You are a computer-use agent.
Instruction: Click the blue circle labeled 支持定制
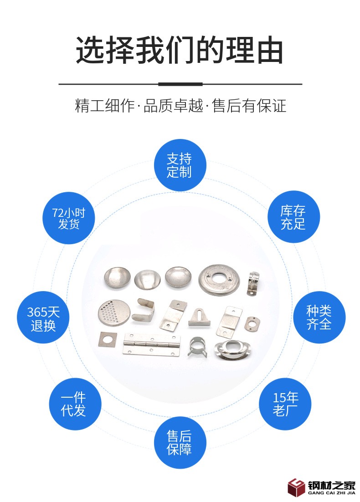(180, 165)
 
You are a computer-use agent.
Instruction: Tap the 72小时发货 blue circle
(68, 218)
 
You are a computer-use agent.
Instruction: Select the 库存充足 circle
(294, 217)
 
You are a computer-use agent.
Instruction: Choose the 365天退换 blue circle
(43, 318)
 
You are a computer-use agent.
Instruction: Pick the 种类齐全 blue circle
(319, 318)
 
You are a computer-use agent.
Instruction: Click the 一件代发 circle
(75, 404)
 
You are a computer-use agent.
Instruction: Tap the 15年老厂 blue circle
(285, 404)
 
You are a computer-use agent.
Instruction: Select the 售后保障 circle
(180, 443)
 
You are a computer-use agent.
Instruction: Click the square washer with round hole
(107, 339)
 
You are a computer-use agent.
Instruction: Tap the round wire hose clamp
(197, 346)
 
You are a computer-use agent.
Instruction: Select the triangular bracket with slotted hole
(199, 317)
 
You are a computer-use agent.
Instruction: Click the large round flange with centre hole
(219, 280)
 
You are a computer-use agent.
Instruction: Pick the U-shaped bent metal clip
(144, 310)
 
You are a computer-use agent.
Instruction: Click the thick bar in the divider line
(180, 84)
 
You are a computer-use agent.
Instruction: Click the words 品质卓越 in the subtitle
(173, 106)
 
